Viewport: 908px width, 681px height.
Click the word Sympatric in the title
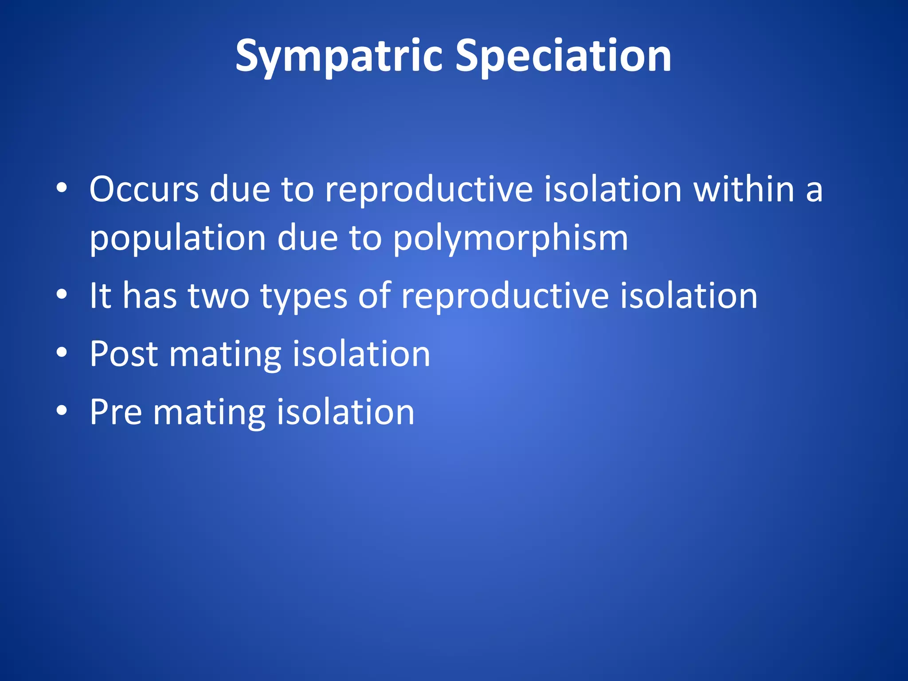(339, 56)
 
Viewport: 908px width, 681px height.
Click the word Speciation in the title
(563, 56)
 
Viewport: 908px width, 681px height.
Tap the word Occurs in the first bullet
(144, 189)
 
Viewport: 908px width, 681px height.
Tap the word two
(219, 296)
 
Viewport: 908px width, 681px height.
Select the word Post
(124, 354)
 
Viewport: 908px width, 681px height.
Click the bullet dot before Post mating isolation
(62, 352)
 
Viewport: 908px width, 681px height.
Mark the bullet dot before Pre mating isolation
(62, 411)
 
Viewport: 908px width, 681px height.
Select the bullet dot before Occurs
(62, 188)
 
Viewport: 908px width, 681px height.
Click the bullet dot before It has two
(62, 294)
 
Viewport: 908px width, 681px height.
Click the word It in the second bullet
(100, 296)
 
